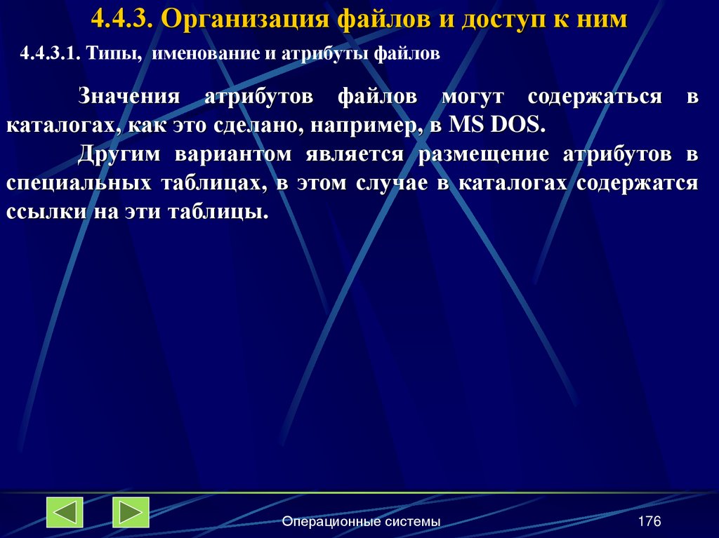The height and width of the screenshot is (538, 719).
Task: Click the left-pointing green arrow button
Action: (65, 512)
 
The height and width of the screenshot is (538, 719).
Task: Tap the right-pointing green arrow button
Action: (131, 512)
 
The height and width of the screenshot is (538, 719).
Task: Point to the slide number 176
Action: (649, 521)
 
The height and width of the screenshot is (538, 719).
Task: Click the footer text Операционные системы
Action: (361, 521)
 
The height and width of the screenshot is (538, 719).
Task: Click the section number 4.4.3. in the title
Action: (122, 18)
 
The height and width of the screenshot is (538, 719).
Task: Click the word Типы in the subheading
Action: (114, 54)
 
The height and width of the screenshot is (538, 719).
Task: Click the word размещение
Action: (478, 154)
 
